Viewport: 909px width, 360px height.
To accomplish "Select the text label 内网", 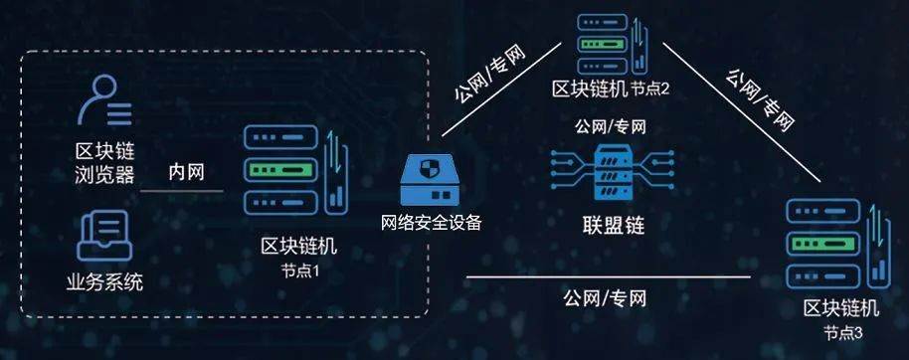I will point(186,171).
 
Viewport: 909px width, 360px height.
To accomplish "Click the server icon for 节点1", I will point(293,170).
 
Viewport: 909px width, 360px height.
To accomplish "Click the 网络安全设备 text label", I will point(432,222).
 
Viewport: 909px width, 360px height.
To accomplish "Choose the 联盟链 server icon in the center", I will point(612,169).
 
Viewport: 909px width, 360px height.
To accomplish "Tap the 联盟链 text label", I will point(613,224).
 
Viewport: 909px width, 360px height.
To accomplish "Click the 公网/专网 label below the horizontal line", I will point(605,297).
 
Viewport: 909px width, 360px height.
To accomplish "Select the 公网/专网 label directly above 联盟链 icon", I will point(610,126).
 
